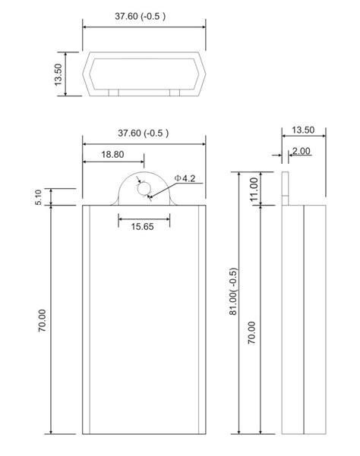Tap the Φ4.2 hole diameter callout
185,178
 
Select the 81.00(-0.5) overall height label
234,293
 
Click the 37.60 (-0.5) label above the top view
143,16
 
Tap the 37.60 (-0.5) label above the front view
143,134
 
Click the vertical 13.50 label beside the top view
58,74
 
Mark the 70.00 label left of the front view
42,319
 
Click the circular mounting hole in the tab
144,190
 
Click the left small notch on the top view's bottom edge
113,93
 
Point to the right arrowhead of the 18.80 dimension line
141,162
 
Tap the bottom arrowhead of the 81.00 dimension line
239,430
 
